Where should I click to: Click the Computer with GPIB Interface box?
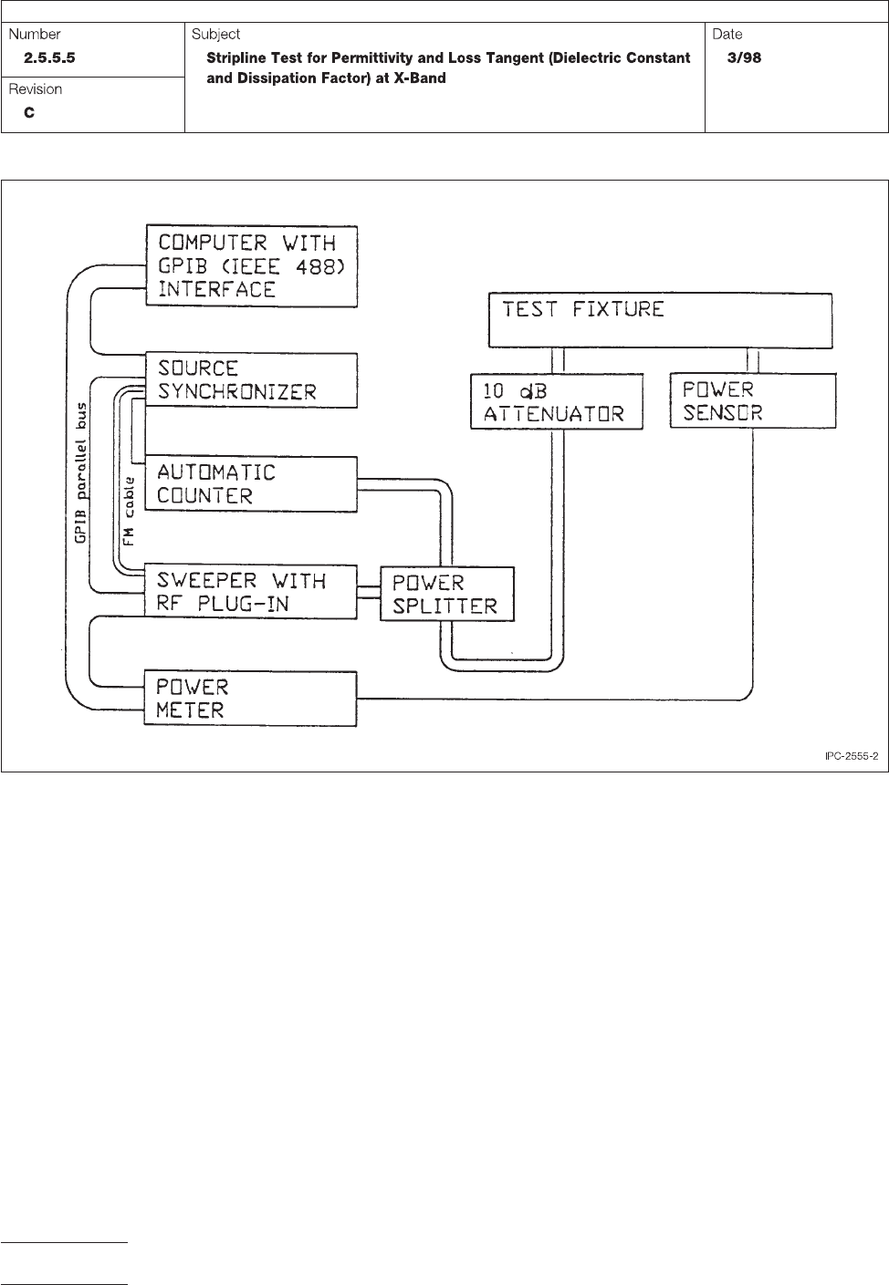pyautogui.click(x=251, y=266)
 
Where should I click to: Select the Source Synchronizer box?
pyautogui.click(x=251, y=380)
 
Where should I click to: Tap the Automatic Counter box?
pyautogui.click(x=251, y=483)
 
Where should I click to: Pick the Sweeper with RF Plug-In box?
pyautogui.click(x=251, y=592)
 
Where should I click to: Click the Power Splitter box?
pyautogui.click(x=446, y=594)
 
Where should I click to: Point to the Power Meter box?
pyautogui.click(x=251, y=699)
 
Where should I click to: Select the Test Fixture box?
pyautogui.click(x=660, y=319)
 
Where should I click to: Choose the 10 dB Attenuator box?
pyautogui.click(x=557, y=401)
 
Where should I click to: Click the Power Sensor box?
pyautogui.click(x=753, y=400)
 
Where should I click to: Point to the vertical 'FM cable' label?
pyautogui.click(x=130, y=511)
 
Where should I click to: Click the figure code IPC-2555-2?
pyautogui.click(x=851, y=756)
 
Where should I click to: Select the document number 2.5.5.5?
pyautogui.click(x=56, y=58)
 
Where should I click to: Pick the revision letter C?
pyautogui.click(x=30, y=113)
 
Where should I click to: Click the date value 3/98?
pyautogui.click(x=744, y=58)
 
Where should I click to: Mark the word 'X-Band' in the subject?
pyautogui.click(x=417, y=78)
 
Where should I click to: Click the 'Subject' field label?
pyautogui.click(x=216, y=35)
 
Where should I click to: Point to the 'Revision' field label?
pyautogui.click(x=36, y=89)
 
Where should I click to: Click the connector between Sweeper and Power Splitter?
pyautogui.click(x=369, y=593)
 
